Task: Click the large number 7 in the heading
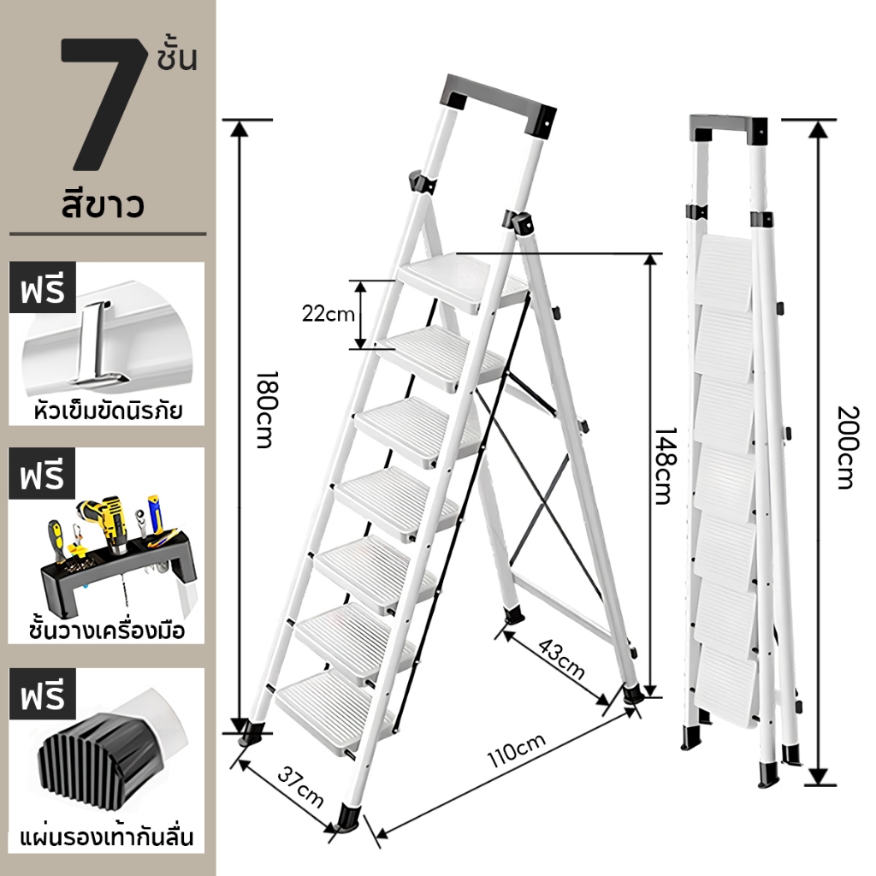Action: (104, 104)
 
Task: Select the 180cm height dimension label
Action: (264, 410)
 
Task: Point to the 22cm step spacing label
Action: (328, 314)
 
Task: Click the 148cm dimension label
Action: (666, 466)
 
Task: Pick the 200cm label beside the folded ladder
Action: (847, 448)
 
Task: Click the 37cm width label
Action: (300, 788)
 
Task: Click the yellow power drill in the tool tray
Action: (110, 522)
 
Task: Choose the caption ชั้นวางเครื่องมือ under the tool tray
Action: (107, 630)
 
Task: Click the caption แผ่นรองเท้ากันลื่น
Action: (107, 837)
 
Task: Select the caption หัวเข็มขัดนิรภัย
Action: (108, 411)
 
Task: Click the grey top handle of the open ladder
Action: (498, 103)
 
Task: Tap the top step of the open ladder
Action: (464, 282)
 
